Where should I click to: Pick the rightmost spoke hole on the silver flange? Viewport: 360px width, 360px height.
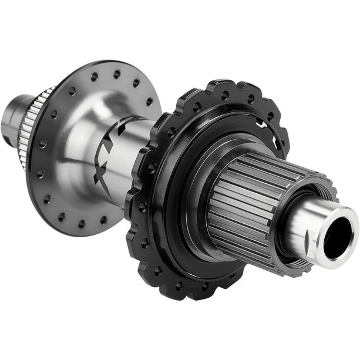pos(149,101)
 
